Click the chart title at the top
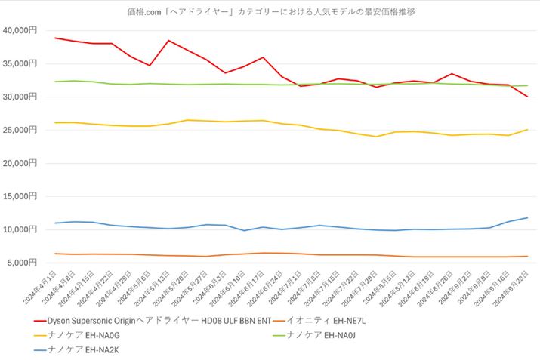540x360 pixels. coord(270,11)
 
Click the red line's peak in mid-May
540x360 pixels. coord(168,40)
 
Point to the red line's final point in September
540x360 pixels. coord(527,97)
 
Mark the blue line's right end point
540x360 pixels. coord(527,218)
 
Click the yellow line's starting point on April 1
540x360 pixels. coord(55,122)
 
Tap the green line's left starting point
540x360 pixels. coord(55,82)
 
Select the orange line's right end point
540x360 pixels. coord(527,256)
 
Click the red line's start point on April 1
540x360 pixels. coord(55,38)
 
